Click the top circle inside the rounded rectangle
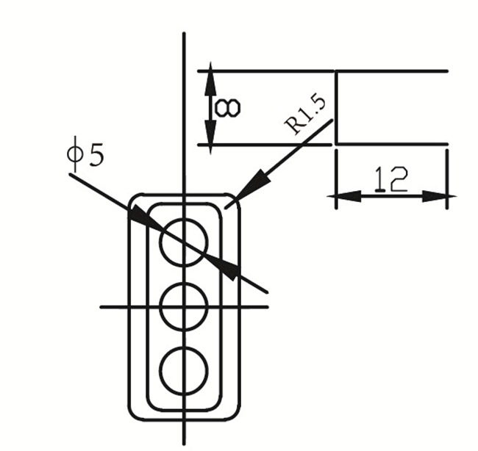(184, 240)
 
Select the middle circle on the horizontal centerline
(184, 306)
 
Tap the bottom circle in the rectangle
(184, 370)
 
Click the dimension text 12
(390, 178)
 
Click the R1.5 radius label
(309, 112)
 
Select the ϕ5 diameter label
(85, 156)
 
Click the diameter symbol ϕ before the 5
(74, 156)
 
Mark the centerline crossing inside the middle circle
(184, 306)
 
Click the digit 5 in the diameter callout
(96, 156)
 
